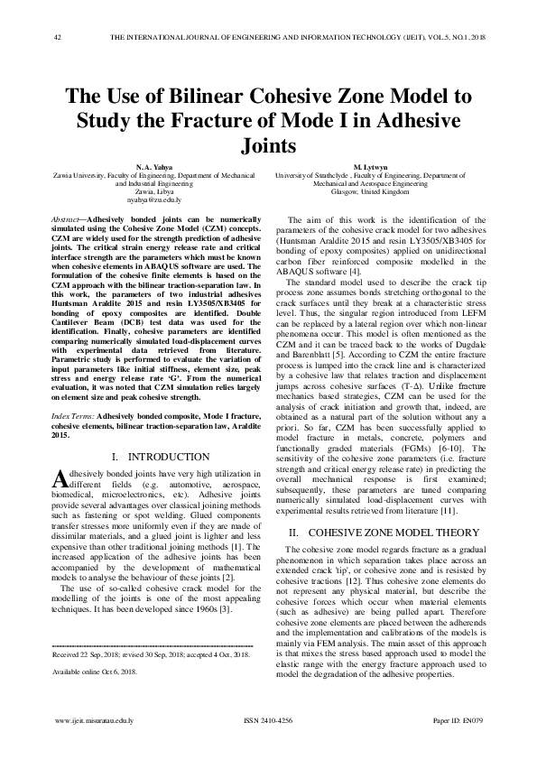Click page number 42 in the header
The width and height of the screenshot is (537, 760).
pyautogui.click(x=58, y=37)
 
